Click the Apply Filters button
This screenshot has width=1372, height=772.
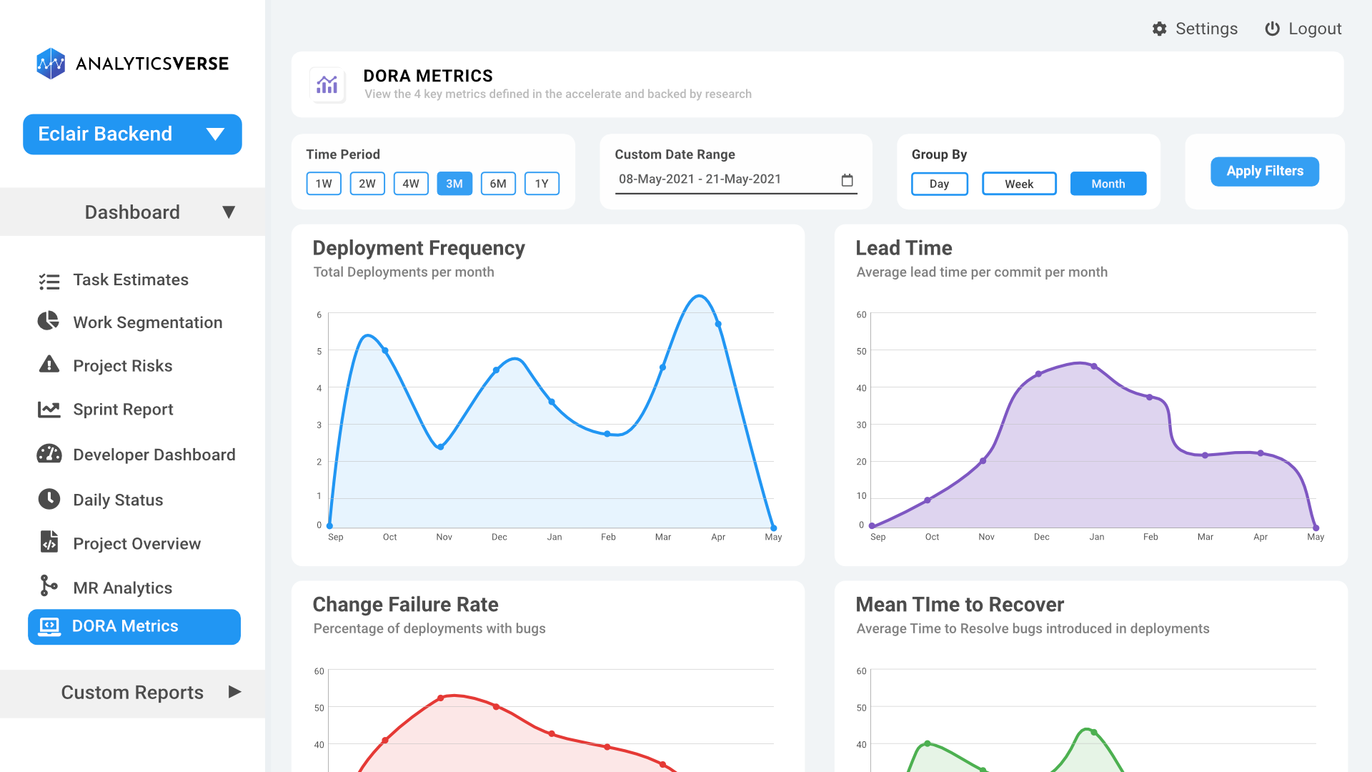(x=1264, y=172)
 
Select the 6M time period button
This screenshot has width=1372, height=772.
(x=498, y=184)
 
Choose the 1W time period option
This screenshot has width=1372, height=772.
(x=324, y=184)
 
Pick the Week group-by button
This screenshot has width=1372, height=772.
(x=1018, y=184)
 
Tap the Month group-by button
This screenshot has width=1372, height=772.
(x=1108, y=184)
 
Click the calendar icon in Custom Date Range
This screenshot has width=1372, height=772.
(x=847, y=180)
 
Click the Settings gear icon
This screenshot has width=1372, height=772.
(x=1159, y=29)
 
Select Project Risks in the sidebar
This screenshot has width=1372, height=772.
(x=122, y=366)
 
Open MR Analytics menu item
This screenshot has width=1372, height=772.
(x=122, y=588)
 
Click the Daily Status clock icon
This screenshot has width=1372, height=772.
(x=49, y=499)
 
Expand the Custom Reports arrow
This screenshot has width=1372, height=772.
(x=234, y=692)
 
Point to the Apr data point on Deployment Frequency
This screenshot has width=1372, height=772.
(x=718, y=324)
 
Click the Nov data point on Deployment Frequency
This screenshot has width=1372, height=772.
(x=441, y=447)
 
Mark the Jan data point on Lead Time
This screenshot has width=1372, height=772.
(x=1094, y=367)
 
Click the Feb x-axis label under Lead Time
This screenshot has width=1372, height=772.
(x=1150, y=537)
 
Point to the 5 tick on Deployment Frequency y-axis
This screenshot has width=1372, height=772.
(x=319, y=351)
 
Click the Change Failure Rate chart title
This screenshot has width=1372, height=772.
(x=405, y=605)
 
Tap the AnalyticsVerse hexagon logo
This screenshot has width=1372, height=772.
(x=51, y=64)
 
